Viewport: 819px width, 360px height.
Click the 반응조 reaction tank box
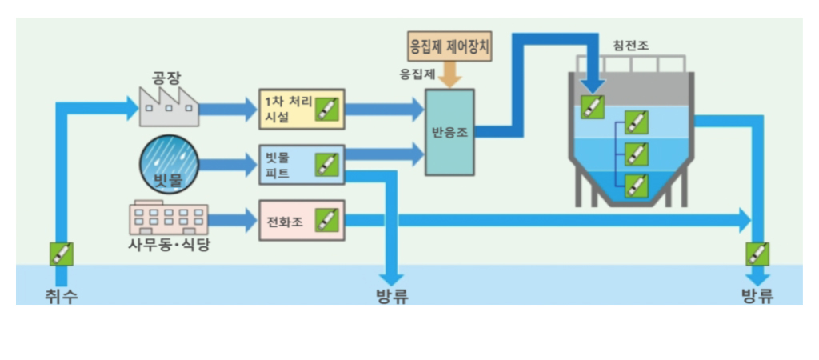449,132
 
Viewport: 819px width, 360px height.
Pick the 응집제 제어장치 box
449,47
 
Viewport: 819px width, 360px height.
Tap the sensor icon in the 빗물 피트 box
326,164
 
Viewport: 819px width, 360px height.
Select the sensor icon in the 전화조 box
326,219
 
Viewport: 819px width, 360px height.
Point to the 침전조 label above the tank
629,44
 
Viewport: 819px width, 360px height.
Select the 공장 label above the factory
168,78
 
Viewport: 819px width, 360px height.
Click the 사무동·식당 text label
170,245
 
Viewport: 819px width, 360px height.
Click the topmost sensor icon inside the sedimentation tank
593,106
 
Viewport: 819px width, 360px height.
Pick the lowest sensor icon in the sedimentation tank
635,186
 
